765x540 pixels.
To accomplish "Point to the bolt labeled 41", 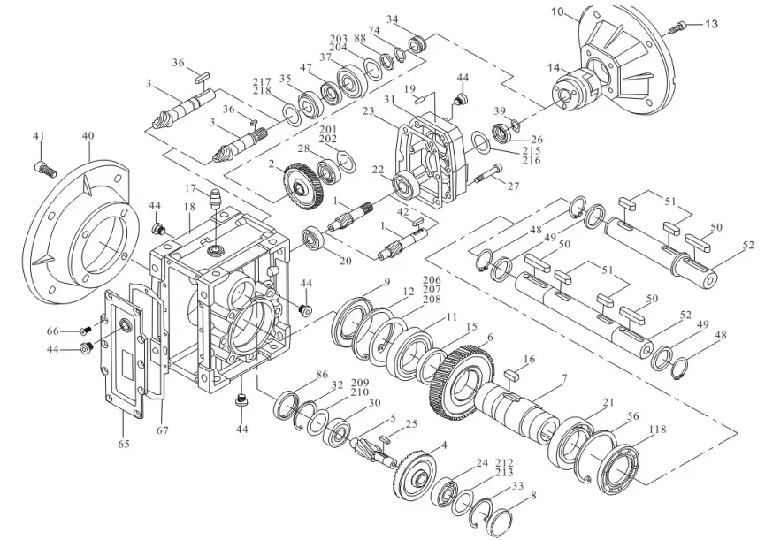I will [x=44, y=166].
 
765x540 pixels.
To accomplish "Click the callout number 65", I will [x=124, y=444].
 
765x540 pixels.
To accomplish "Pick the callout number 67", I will [x=161, y=430].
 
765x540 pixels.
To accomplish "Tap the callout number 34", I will [x=393, y=19].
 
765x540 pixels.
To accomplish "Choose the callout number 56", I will [x=632, y=416].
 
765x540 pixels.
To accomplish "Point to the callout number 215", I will [x=532, y=151].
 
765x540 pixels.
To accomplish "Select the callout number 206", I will [x=432, y=280].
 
